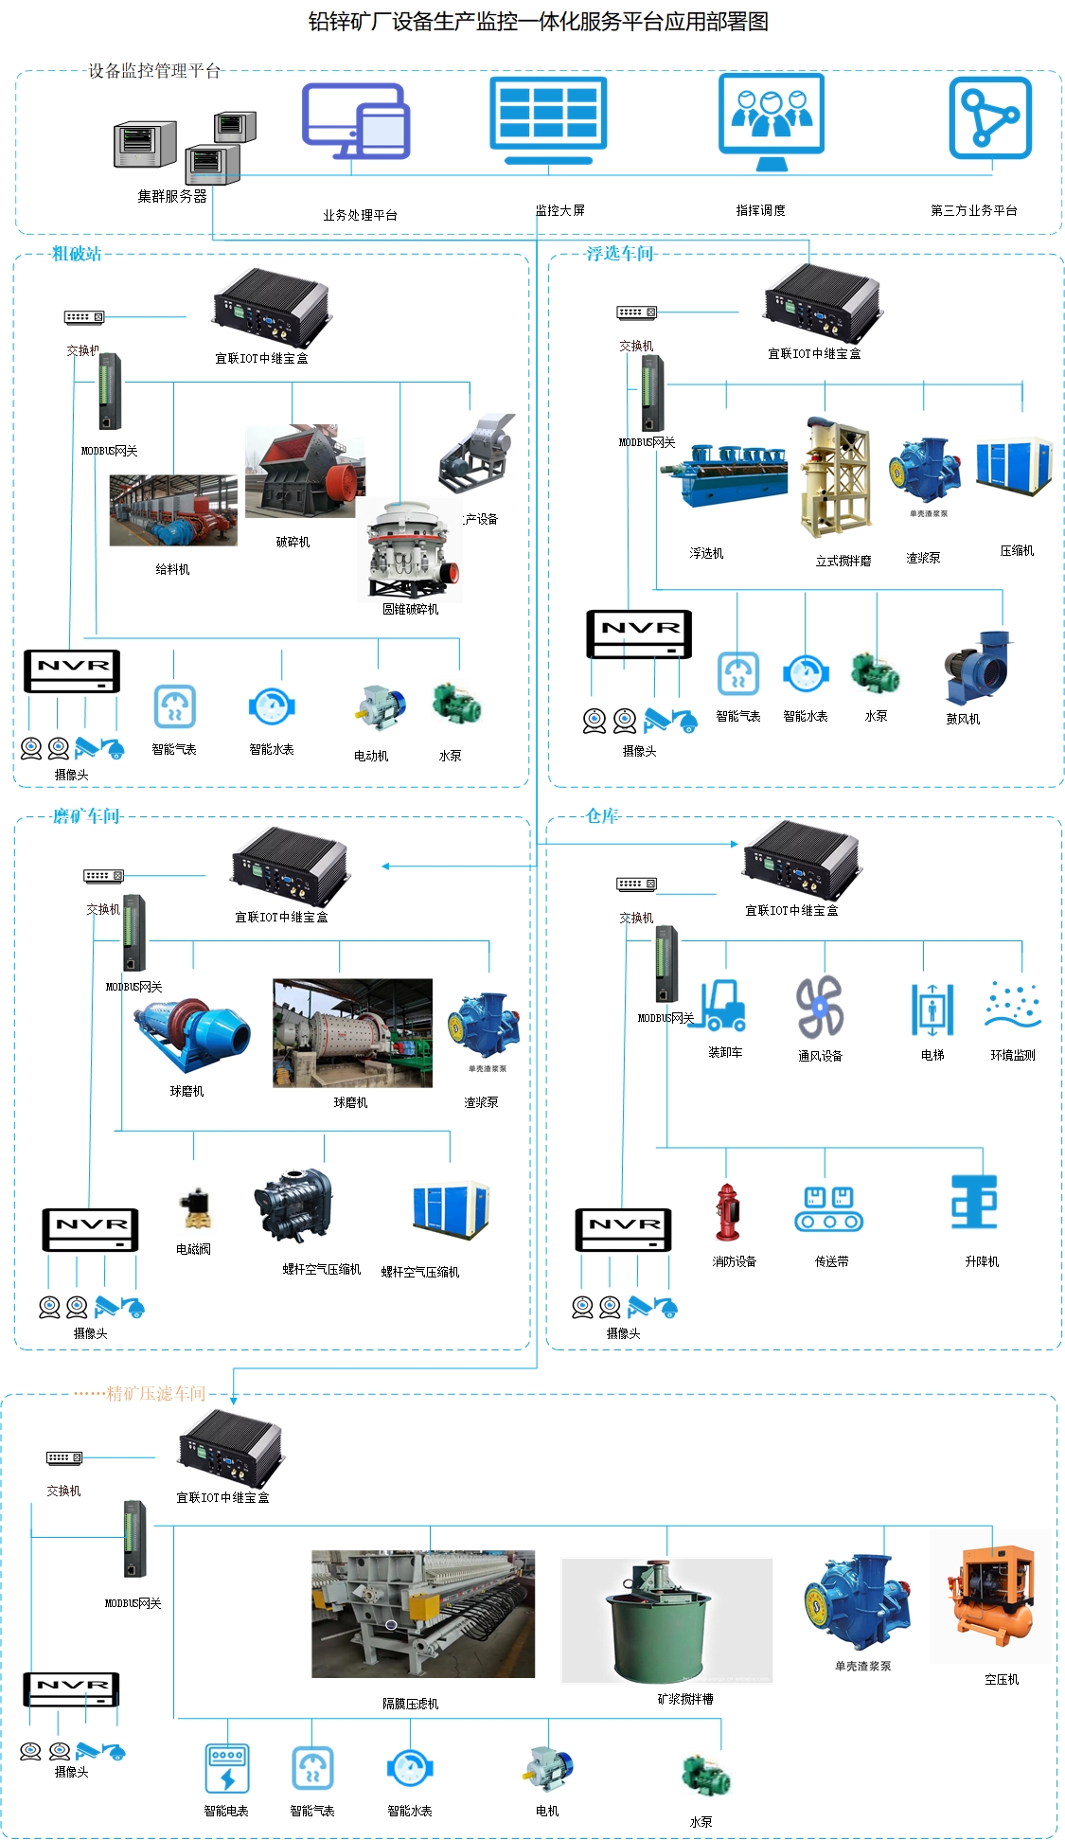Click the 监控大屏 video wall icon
pos(548,120)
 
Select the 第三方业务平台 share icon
pos(990,118)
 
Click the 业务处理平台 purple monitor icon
pos(356,121)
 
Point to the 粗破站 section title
pos(77,254)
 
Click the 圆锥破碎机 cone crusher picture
pos(412,551)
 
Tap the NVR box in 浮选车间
pos(639,634)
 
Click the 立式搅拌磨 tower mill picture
pos(836,478)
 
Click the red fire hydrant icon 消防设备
pos(727,1212)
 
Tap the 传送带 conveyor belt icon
pos(829,1209)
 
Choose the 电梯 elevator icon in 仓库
pos(932,1009)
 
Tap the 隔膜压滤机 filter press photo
pos(423,1614)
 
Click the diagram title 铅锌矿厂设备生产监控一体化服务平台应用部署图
pos(538,22)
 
